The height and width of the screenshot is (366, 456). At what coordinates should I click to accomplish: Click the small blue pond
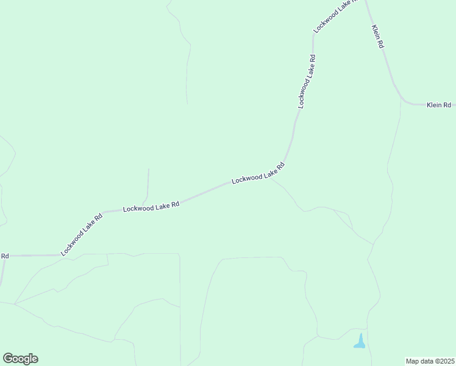(360, 342)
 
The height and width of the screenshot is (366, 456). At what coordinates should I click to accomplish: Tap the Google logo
(20, 359)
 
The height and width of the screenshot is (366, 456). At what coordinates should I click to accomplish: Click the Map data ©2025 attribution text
(430, 361)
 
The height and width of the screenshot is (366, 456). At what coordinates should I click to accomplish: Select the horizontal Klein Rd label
(438, 105)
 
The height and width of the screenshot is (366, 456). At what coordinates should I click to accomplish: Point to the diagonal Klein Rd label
(378, 36)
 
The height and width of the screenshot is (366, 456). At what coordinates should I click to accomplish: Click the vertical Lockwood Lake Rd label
(307, 82)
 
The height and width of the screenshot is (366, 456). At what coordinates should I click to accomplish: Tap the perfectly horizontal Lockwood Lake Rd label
(151, 207)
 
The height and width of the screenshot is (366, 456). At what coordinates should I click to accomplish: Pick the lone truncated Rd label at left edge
(4, 256)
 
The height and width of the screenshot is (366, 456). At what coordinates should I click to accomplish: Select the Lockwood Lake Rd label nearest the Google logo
(81, 235)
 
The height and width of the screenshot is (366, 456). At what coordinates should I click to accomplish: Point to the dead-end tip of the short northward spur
(148, 169)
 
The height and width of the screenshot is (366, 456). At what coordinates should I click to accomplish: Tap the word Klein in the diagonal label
(376, 32)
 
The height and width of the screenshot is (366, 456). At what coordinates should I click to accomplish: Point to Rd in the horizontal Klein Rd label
(447, 105)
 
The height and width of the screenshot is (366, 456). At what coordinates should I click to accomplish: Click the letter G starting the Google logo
(8, 358)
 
